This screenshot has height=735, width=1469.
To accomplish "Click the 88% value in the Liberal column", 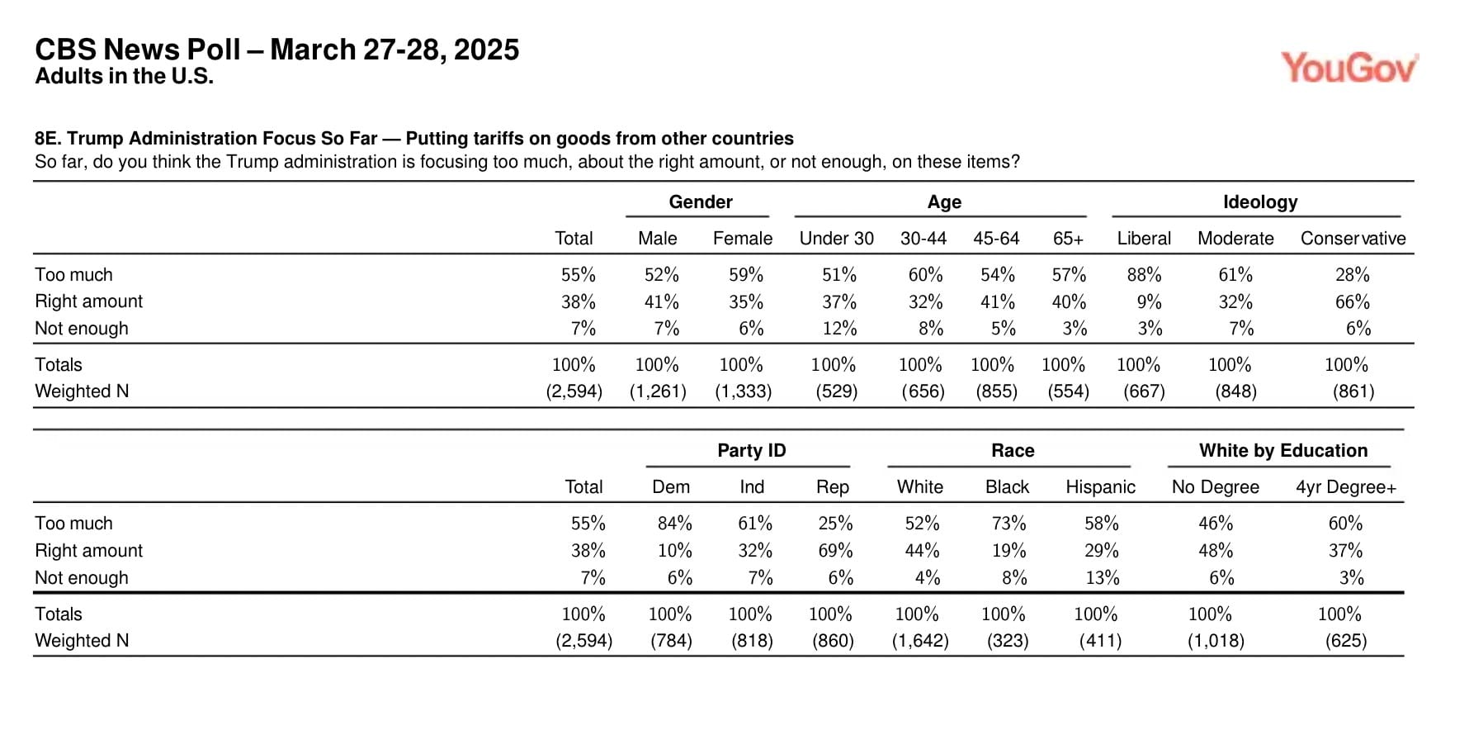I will click(x=1144, y=275).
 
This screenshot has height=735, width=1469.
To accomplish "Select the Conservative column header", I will click(x=1353, y=239).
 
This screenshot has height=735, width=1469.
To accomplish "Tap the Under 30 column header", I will click(x=836, y=239).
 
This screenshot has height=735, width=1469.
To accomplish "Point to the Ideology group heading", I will click(x=1259, y=202).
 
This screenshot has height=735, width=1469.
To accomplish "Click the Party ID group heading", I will click(x=751, y=451).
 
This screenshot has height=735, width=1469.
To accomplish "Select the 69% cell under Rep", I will click(x=835, y=551).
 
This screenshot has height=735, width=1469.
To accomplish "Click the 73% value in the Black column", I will click(x=1008, y=524).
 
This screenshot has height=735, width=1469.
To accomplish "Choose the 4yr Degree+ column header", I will click(x=1345, y=487).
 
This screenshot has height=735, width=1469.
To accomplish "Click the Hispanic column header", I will click(x=1100, y=487).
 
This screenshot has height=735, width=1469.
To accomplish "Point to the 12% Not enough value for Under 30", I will click(x=839, y=329).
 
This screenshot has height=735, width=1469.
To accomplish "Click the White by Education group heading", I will click(x=1282, y=451).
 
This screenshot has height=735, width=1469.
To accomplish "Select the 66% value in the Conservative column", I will click(x=1353, y=302).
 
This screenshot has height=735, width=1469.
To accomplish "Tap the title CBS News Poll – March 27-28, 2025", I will click(x=277, y=50).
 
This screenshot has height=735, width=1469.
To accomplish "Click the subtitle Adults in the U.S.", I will click(x=124, y=77).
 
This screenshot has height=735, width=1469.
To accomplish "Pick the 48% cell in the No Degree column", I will click(x=1216, y=551).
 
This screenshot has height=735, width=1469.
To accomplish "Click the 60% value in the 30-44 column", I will click(x=925, y=275).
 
